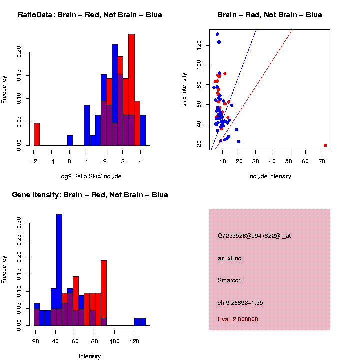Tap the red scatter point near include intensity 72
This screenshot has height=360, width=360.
tap(325, 145)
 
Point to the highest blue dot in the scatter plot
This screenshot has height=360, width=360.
tap(217, 34)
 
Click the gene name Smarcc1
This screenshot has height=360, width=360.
tap(230, 281)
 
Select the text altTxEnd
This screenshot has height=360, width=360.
tap(230, 258)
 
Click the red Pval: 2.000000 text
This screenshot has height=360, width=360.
tap(238, 319)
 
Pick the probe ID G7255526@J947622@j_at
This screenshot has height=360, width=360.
tap(254, 236)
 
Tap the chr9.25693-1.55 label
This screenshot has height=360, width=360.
tap(241, 303)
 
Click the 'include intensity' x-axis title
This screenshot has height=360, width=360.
tap(269, 176)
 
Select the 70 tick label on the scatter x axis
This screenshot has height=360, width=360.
tap(322, 161)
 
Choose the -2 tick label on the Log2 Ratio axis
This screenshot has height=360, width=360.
tap(33, 161)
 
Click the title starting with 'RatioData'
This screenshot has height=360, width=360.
tap(90, 15)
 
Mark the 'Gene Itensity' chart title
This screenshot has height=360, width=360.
tap(90, 195)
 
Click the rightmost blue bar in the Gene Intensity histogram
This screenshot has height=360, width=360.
tap(143, 322)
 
